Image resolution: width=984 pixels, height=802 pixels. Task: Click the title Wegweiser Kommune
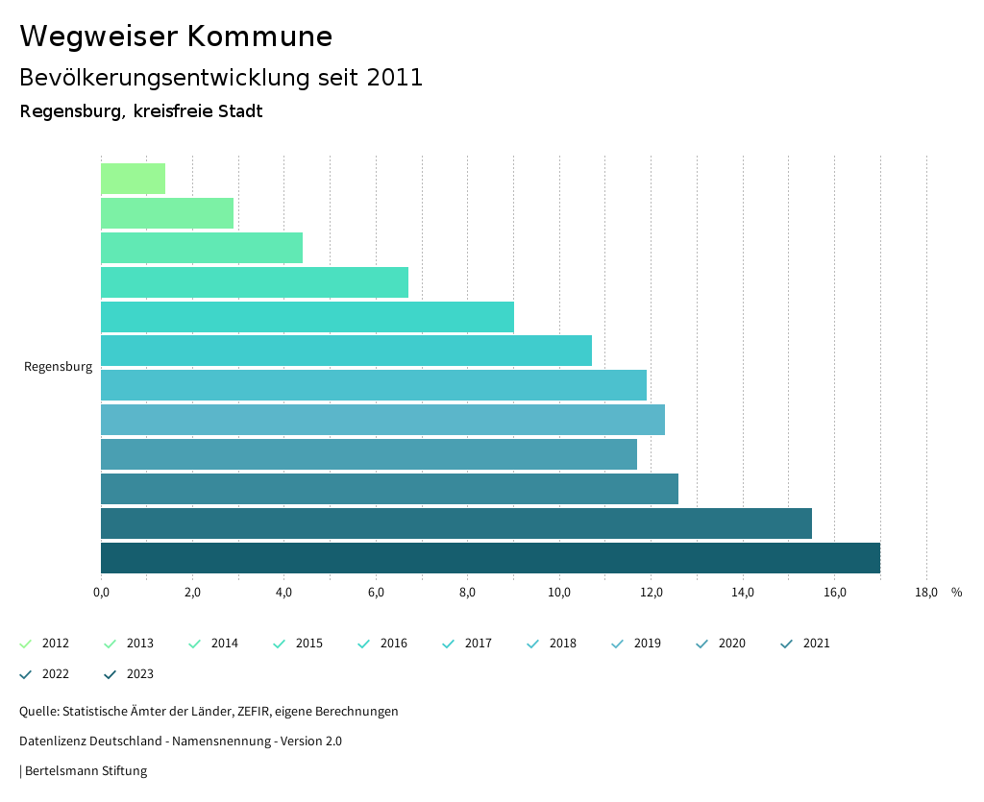click(x=176, y=36)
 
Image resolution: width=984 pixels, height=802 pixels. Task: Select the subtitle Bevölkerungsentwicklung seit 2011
click(x=221, y=78)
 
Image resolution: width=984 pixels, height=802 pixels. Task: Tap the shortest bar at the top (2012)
click(x=133, y=179)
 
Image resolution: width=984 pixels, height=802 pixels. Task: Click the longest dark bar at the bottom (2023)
click(x=490, y=558)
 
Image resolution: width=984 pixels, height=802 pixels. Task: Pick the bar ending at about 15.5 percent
click(x=456, y=523)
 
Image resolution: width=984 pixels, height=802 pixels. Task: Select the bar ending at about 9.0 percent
click(x=307, y=317)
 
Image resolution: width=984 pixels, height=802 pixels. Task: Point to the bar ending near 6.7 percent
click(x=255, y=282)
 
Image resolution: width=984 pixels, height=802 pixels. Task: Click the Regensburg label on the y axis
click(x=58, y=367)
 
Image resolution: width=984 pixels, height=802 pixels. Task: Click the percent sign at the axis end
click(x=956, y=593)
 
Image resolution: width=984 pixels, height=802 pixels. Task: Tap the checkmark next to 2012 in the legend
click(x=26, y=644)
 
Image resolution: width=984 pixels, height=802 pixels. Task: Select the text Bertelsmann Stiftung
click(x=86, y=771)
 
